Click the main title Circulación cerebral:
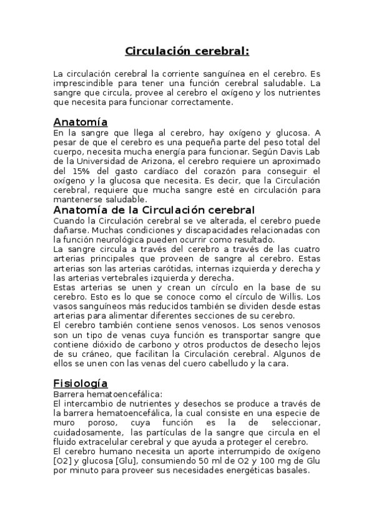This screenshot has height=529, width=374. [187, 51]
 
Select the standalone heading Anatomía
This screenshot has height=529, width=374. [81, 122]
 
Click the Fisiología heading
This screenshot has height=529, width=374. [81, 383]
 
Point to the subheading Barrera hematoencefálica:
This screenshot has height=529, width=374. [108, 394]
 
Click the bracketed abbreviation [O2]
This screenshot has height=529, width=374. [63, 461]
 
